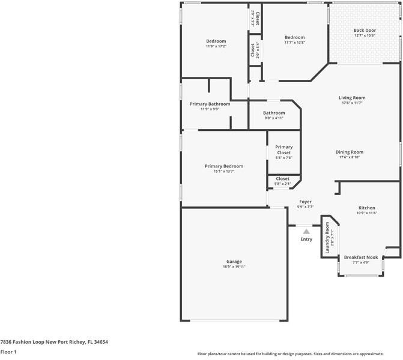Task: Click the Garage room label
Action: point(234,262)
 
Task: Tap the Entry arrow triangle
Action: point(306,230)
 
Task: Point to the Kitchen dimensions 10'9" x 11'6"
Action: point(366,213)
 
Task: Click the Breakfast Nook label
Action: point(360,257)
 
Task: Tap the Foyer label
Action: point(305,202)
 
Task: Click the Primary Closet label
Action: point(283,150)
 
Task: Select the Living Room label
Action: point(351,98)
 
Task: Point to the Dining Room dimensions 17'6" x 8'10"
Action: point(350,157)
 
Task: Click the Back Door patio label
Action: point(365,30)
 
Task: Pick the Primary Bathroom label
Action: point(210,104)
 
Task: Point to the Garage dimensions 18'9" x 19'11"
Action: point(234,266)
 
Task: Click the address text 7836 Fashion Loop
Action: point(54,341)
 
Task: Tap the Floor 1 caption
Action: point(8,352)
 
